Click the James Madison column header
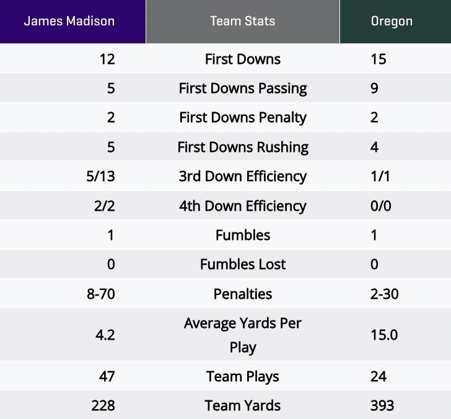[x=69, y=21]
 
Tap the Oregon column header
[x=392, y=21]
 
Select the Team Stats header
[x=242, y=21]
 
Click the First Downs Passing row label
[x=242, y=89]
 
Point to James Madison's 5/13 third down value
[x=101, y=177]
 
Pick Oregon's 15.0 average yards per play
[x=384, y=335]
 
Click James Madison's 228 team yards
[x=103, y=406]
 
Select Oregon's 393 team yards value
[x=382, y=406]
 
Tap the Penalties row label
[x=242, y=294]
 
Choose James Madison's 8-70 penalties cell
[x=101, y=294]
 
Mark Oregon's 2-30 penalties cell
[x=384, y=294]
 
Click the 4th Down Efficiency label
[x=242, y=206]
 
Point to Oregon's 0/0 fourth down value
[x=380, y=206]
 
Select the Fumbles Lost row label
[x=242, y=265]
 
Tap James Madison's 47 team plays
[x=107, y=377]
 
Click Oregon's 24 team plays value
[x=379, y=377]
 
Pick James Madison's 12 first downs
[x=107, y=60]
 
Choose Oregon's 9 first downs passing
[x=374, y=89]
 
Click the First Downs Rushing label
[x=242, y=148]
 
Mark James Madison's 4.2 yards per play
[x=105, y=335]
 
